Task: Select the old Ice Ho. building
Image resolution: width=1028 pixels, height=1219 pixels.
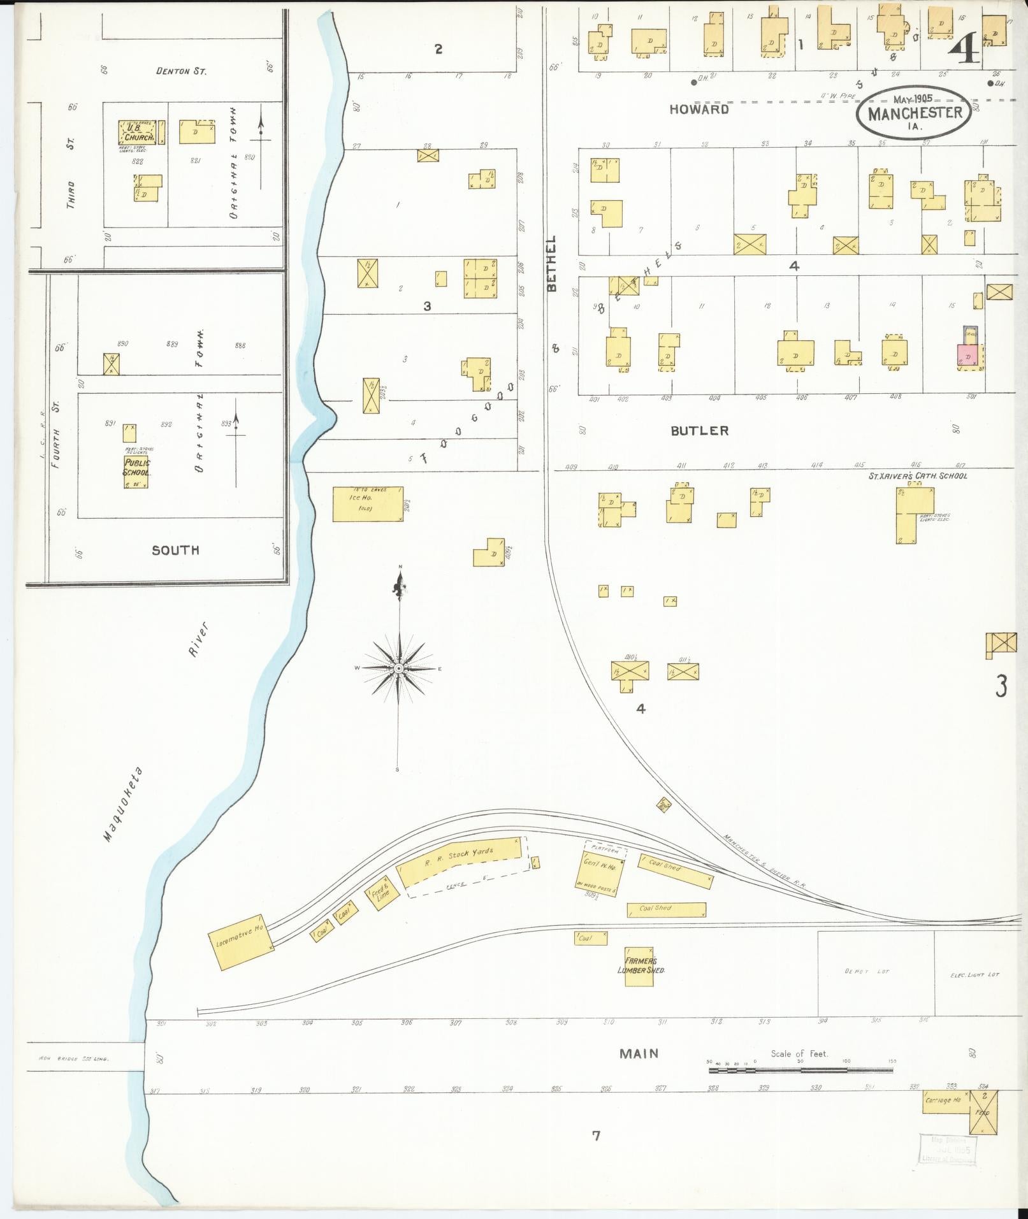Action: (367, 504)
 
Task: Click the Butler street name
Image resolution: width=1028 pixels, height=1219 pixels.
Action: (699, 431)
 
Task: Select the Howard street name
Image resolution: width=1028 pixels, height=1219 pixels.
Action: (699, 109)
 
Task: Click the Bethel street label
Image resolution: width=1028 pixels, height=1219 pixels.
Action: (552, 263)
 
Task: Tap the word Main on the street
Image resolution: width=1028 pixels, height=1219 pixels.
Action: (639, 1054)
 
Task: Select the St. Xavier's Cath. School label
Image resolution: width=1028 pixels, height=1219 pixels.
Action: (918, 475)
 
